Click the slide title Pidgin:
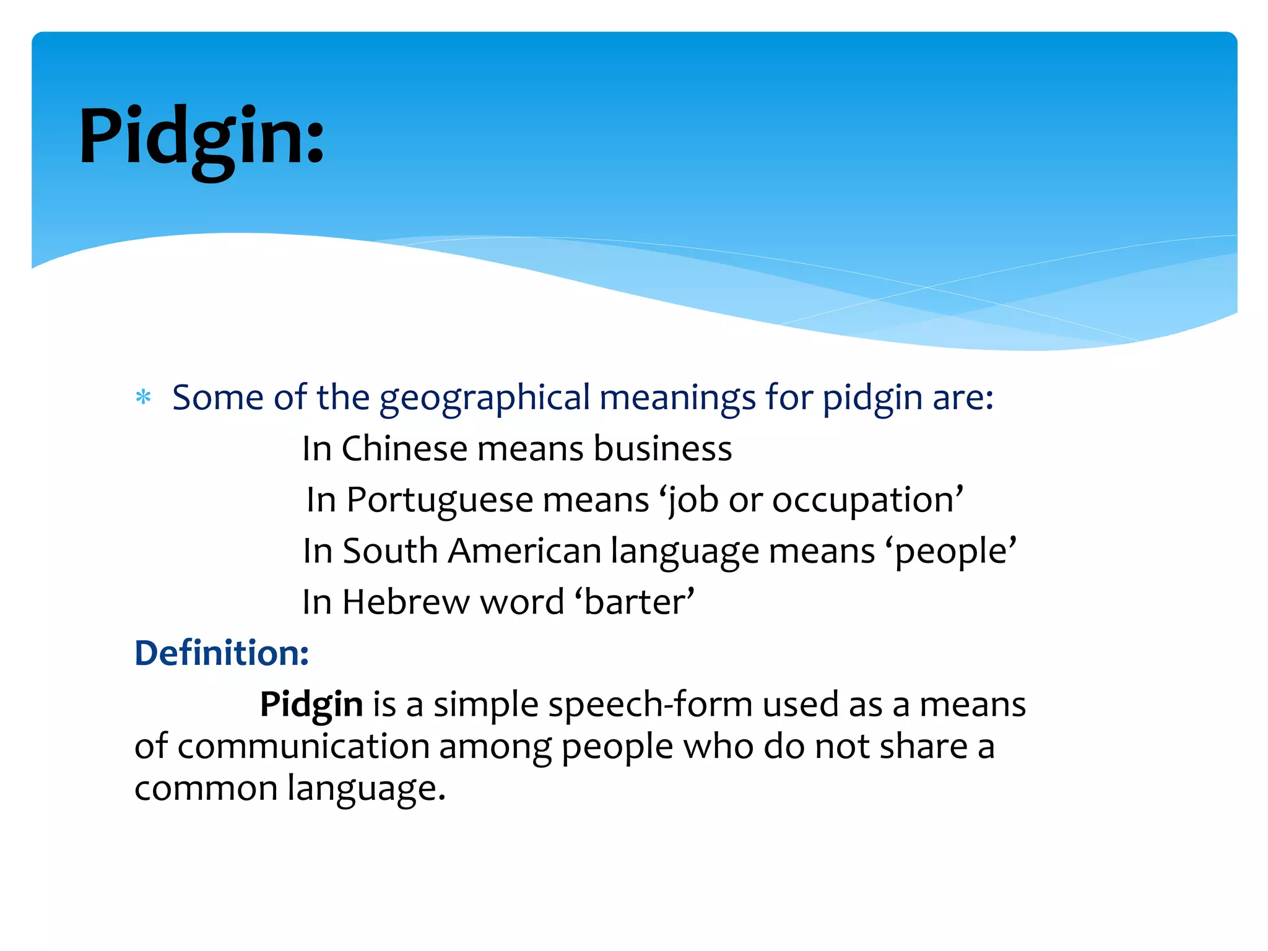(201, 137)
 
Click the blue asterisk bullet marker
(143, 397)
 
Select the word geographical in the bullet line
(485, 397)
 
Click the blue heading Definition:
(222, 653)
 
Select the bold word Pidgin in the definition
(311, 705)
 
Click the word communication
(303, 746)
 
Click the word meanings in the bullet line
(677, 397)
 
